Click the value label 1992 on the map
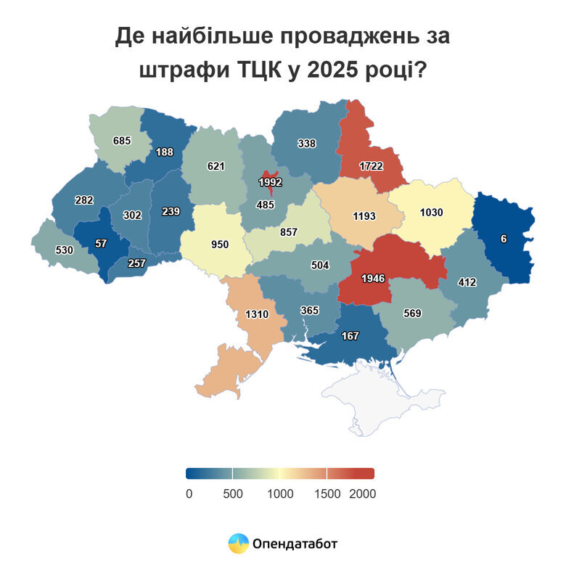click(x=270, y=182)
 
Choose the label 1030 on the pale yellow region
click(x=437, y=213)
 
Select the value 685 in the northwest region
click(x=121, y=139)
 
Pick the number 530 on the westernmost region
click(x=65, y=250)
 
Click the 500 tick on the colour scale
click(x=232, y=493)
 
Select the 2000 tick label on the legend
click(x=361, y=493)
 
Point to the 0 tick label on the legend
click(x=189, y=493)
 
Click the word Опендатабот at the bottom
click(x=295, y=543)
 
